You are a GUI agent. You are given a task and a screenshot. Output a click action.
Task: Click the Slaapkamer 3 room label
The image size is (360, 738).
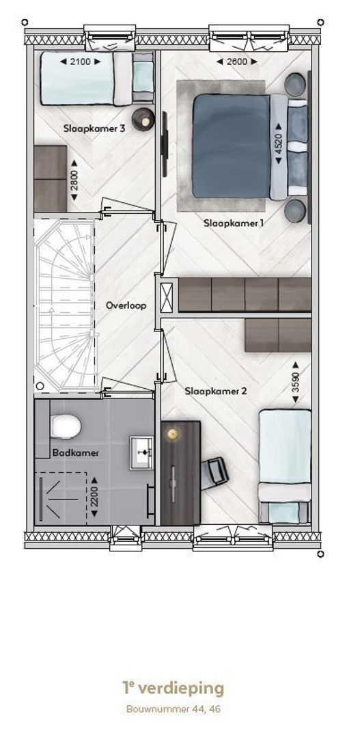click(94, 128)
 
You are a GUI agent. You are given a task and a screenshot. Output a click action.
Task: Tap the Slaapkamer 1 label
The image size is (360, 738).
click(234, 223)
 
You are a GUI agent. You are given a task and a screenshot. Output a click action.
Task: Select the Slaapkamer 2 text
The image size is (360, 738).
click(216, 391)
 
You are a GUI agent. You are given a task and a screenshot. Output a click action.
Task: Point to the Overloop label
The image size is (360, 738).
click(126, 305)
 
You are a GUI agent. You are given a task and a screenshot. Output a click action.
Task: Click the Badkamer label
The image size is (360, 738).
click(75, 453)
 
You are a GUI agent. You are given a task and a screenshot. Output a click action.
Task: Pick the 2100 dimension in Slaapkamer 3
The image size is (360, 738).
click(81, 61)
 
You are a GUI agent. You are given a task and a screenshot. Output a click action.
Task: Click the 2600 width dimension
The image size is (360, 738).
click(237, 61)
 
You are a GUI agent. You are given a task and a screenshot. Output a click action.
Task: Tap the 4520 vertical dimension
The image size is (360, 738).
click(279, 144)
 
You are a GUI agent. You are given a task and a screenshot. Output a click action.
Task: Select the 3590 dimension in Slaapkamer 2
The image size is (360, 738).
click(295, 382)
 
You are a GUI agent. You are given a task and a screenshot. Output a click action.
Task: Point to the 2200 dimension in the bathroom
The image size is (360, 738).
click(94, 497)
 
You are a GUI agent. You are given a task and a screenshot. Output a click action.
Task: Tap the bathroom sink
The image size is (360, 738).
click(141, 452)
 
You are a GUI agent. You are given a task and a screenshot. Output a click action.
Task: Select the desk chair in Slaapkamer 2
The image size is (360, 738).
click(215, 471)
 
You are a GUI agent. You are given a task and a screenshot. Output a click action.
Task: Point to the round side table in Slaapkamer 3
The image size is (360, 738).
click(143, 120)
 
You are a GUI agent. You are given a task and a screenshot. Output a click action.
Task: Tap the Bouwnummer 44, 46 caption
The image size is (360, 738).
click(174, 709)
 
